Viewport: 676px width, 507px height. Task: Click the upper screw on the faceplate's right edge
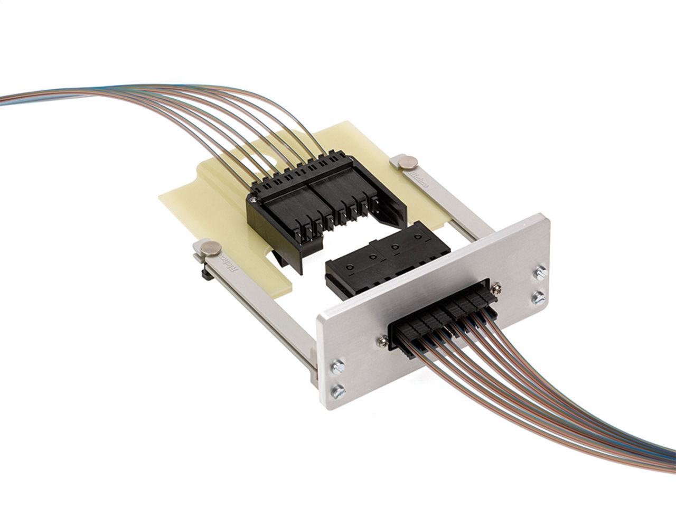(539, 274)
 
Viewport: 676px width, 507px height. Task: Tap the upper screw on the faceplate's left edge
(336, 365)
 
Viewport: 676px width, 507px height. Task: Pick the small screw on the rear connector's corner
(256, 200)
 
